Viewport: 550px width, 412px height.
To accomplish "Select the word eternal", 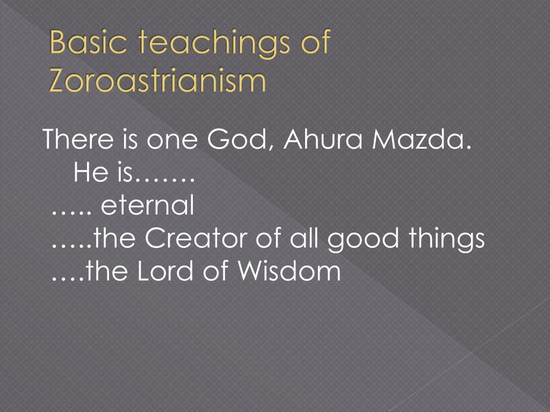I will point(147,205).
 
